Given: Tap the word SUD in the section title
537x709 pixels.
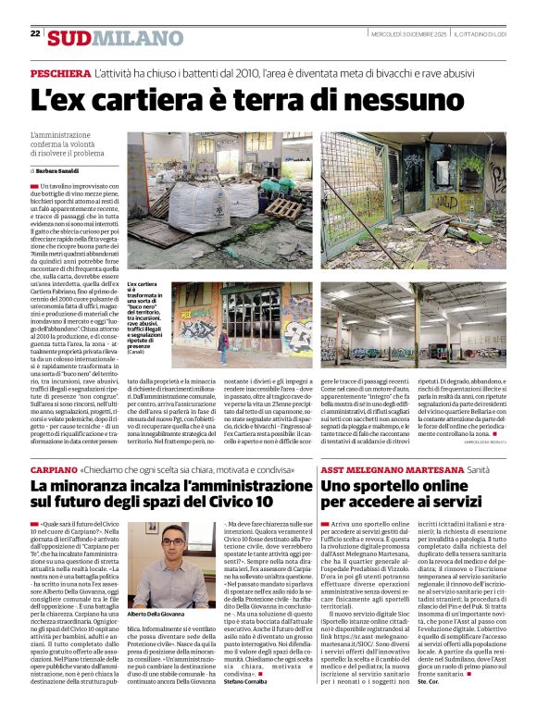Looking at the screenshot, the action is click(69, 38).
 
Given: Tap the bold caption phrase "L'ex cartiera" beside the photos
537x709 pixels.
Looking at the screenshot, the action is click(141, 286).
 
